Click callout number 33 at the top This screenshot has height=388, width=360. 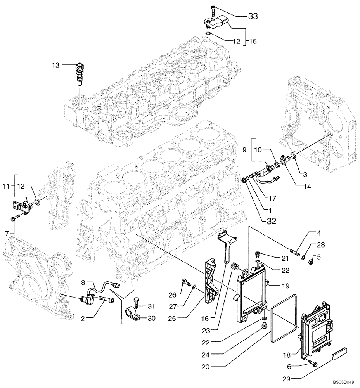(x=253, y=16)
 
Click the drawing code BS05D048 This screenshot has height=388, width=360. (x=342, y=382)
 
